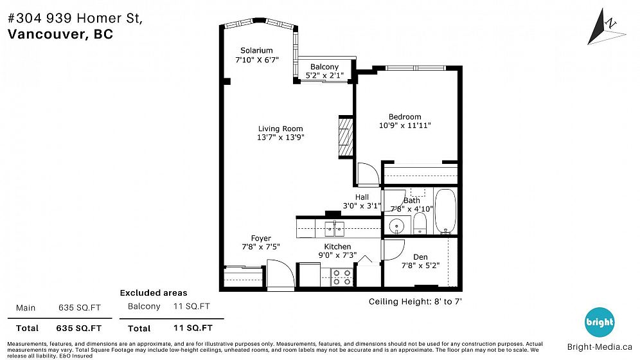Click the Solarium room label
[256, 51]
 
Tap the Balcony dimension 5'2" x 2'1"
[324, 75]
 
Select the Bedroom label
[405, 117]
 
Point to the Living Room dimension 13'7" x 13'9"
[280, 138]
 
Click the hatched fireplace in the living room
[346, 137]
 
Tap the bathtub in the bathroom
[445, 212]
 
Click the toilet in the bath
[420, 223]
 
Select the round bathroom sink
[396, 226]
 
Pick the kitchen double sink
[335, 229]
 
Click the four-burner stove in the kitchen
[342, 277]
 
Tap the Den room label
[420, 257]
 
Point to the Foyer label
[261, 239]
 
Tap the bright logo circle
[600, 323]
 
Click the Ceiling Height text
[415, 301]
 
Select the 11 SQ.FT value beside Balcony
[191, 306]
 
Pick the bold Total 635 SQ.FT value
[79, 328]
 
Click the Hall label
[362, 197]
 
